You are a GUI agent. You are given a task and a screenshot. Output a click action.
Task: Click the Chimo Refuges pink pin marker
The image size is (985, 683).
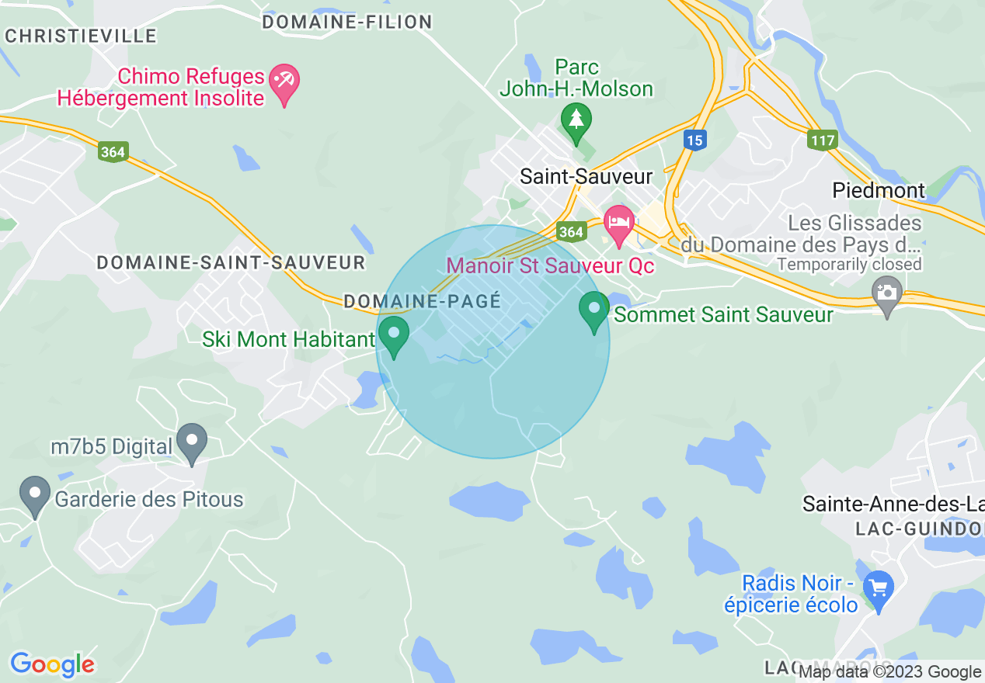[x=284, y=83]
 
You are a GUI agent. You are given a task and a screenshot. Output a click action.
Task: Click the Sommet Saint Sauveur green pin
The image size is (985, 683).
[x=594, y=310]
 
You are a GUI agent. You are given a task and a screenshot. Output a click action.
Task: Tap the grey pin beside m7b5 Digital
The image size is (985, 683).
[x=192, y=442]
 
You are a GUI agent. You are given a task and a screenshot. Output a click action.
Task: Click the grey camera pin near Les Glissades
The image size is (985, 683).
[x=886, y=296]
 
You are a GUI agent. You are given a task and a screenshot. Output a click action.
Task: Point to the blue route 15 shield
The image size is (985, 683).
[x=694, y=140]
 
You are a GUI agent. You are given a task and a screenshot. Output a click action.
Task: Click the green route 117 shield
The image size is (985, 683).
[x=822, y=140]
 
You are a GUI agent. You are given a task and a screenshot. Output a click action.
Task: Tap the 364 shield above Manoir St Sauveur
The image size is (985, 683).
[x=570, y=231]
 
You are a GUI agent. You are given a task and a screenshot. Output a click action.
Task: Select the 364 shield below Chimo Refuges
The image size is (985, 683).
[x=113, y=151]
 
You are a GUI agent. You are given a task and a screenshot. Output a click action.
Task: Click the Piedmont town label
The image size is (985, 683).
[x=879, y=190]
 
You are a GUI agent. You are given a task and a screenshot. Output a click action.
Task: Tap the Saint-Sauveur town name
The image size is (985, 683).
[x=586, y=176]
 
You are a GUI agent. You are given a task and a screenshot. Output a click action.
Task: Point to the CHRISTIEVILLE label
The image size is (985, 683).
[x=81, y=36]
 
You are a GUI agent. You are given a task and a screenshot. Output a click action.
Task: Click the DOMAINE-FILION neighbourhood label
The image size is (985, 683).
[x=346, y=23]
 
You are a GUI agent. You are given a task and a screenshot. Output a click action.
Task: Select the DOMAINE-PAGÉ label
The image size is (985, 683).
[x=422, y=301]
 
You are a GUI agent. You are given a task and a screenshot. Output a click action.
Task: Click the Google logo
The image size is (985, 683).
[x=52, y=664]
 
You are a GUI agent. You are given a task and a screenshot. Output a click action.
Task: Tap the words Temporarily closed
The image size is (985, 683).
[x=849, y=264]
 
